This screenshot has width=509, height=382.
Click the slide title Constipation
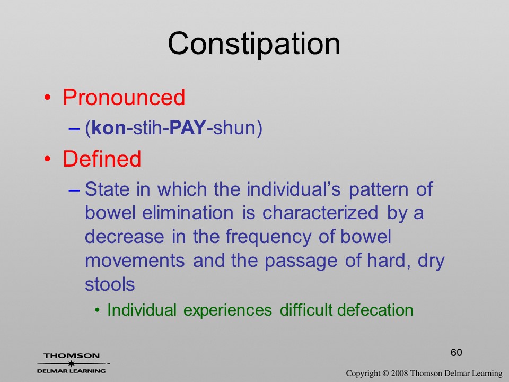(x=254, y=44)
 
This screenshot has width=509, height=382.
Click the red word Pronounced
(x=124, y=97)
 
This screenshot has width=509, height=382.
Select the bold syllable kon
(x=108, y=127)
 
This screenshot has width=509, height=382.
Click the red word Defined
(x=102, y=159)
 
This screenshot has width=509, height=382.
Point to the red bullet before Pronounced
(x=48, y=97)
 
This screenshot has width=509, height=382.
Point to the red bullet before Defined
(x=48, y=159)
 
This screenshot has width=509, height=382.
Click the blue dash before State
(x=74, y=190)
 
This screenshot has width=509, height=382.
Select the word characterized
(x=320, y=213)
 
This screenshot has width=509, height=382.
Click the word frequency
(x=268, y=237)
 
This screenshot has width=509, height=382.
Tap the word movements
(x=135, y=261)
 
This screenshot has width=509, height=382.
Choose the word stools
(x=110, y=284)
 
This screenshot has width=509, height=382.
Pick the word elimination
(x=188, y=213)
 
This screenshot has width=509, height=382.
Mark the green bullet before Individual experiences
(x=97, y=310)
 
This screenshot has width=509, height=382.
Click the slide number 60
(x=456, y=352)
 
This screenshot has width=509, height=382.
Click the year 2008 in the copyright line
(x=399, y=374)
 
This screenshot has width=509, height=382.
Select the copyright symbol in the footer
(x=385, y=374)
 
